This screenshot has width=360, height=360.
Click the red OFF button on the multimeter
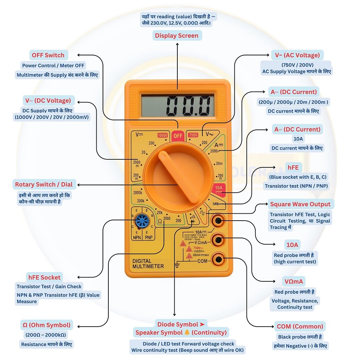pos(178,135)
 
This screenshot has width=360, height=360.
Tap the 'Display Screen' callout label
pos(176,36)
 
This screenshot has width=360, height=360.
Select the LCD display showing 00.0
pos(177,105)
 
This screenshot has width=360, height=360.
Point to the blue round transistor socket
pos(142,221)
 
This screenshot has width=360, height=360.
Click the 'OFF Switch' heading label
pos(48,55)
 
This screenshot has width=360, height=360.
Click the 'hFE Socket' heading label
pos(44,277)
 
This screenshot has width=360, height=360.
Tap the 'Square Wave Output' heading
pos(300,204)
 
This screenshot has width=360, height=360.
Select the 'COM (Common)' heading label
pos(300,326)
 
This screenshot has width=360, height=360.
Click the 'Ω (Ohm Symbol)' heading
pos(46,325)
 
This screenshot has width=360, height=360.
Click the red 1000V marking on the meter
pos(162,135)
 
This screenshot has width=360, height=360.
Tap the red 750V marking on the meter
pos(193,135)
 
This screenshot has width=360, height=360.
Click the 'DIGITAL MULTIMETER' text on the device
pos(148,264)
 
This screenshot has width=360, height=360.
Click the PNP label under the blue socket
pos(148,238)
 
